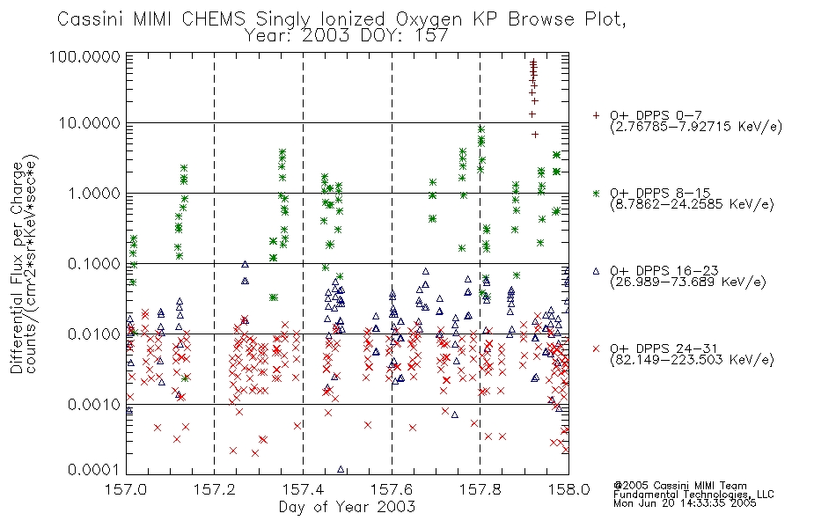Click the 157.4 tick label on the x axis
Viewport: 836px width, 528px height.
(303, 489)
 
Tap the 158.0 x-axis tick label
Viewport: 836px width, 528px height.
(568, 489)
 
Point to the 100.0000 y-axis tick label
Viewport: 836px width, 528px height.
(85, 56)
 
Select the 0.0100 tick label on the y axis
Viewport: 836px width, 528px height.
(94, 334)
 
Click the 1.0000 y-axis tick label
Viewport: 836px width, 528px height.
(94, 193)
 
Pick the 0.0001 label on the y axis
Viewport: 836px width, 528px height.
(94, 470)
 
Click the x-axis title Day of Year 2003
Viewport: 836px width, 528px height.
(347, 507)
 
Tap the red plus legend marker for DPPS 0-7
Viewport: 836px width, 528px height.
(596, 115)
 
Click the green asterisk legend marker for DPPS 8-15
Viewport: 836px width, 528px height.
(596, 193)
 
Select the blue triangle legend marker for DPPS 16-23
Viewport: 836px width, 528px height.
(596, 271)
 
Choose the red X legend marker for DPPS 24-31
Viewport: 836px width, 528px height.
(596, 348)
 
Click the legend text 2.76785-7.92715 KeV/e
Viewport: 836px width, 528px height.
(696, 127)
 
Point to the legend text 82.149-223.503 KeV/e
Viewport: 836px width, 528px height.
(692, 360)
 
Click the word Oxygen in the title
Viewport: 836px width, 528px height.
(429, 19)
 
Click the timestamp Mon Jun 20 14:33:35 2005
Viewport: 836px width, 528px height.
(685, 503)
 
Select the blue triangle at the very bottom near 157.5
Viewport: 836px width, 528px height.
(341, 469)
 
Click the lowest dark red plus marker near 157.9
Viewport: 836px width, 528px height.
(535, 135)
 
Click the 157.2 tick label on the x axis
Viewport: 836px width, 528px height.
(215, 489)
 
